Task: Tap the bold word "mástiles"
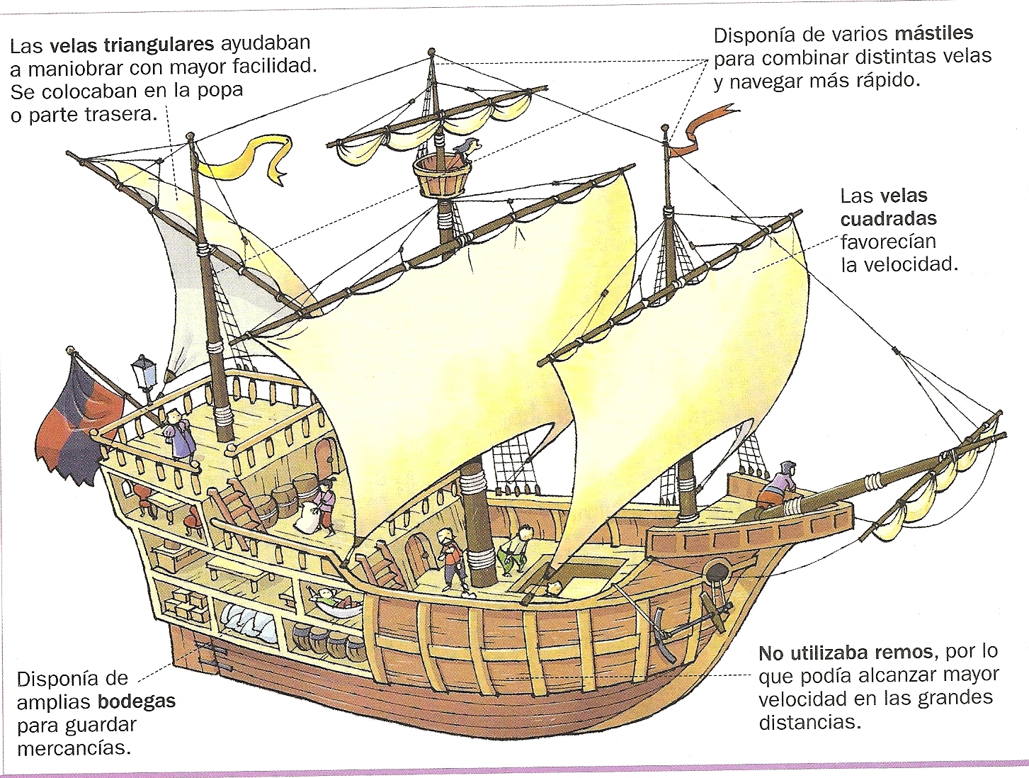click(933, 33)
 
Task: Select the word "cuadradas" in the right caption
click(888, 218)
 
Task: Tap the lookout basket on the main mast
click(440, 176)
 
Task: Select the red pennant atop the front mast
click(705, 128)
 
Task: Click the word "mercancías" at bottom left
click(74, 748)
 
